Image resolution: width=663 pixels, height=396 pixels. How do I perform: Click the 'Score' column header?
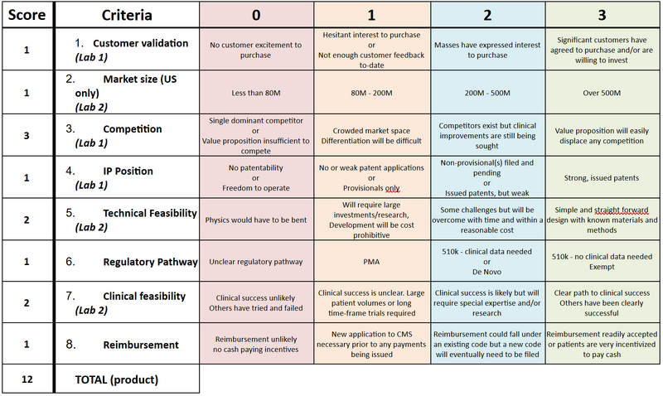click(x=27, y=15)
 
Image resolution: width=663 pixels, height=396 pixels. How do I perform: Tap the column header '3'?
click(x=603, y=15)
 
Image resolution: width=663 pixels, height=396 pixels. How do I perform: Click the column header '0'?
click(x=256, y=15)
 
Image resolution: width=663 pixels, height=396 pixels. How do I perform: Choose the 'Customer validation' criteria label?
click(x=140, y=43)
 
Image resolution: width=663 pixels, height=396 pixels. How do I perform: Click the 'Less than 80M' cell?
click(x=256, y=92)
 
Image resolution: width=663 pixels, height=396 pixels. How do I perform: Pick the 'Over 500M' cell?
click(x=603, y=92)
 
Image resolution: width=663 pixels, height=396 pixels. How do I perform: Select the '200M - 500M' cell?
click(x=487, y=92)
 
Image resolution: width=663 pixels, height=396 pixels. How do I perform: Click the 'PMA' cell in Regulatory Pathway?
click(x=372, y=262)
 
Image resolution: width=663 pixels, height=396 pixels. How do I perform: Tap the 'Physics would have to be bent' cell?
click(x=256, y=220)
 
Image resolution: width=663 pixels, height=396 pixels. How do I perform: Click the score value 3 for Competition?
click(x=27, y=133)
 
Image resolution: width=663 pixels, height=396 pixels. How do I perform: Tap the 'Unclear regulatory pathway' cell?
click(x=256, y=262)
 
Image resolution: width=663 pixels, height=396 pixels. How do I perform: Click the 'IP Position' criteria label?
click(x=128, y=171)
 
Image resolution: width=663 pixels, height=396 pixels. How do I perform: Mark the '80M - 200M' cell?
click(x=372, y=92)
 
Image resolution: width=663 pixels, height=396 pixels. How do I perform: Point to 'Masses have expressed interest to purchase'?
click(x=487, y=50)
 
